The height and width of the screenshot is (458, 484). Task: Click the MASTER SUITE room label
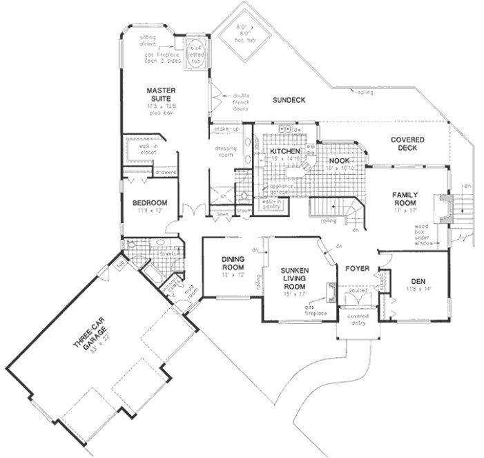162,95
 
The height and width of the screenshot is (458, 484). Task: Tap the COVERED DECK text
407,144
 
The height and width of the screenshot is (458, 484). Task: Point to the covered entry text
358,319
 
